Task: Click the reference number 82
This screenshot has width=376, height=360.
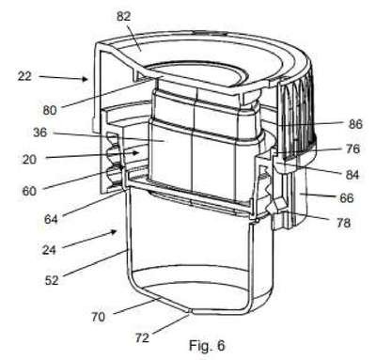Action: (x=123, y=16)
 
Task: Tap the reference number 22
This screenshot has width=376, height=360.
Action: (x=24, y=76)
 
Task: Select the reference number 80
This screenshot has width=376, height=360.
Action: (x=50, y=110)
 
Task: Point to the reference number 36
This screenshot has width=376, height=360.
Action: (x=40, y=133)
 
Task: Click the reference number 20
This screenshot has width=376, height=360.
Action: (x=29, y=160)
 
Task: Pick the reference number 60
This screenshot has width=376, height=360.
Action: (x=29, y=191)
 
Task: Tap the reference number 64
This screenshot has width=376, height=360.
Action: (x=51, y=219)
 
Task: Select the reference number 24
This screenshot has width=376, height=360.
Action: (x=49, y=250)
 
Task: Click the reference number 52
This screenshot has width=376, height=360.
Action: (x=52, y=280)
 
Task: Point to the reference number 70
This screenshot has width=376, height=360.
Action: (x=98, y=317)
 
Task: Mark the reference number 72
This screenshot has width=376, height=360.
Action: (x=142, y=337)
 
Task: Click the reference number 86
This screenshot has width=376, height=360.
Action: (x=355, y=124)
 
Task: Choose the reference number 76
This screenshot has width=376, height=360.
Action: (x=352, y=149)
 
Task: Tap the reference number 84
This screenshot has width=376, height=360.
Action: (x=352, y=175)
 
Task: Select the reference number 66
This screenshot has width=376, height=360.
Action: (x=347, y=197)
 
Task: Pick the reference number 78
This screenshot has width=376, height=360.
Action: (x=343, y=223)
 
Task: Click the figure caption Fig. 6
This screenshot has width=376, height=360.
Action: (x=207, y=346)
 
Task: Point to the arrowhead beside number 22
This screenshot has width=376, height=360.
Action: (x=85, y=79)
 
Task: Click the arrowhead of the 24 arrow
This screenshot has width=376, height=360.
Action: (x=115, y=232)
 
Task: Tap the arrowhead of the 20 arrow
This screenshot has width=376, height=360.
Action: (x=135, y=153)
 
